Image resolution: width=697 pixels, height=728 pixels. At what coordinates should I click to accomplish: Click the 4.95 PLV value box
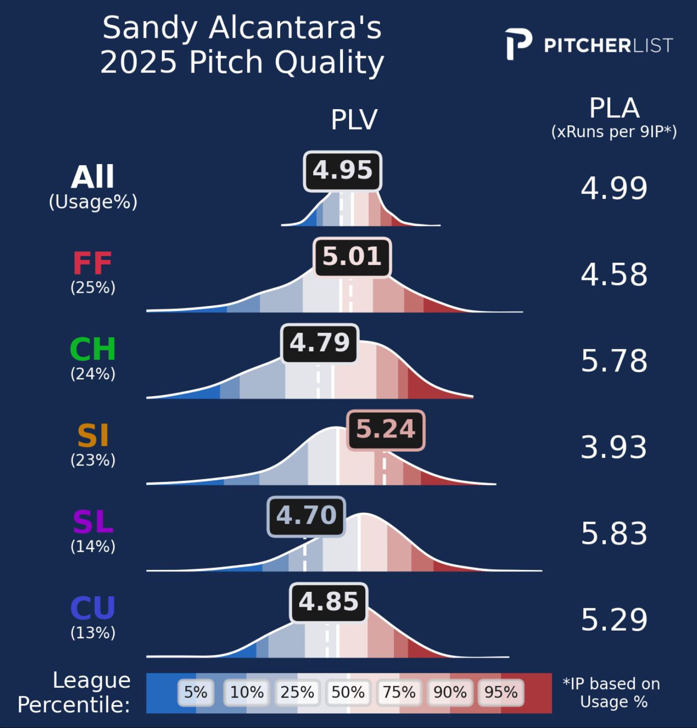342,171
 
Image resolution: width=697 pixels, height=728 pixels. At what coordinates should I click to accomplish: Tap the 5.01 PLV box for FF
352,257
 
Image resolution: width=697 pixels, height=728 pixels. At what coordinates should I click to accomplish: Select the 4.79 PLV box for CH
320,343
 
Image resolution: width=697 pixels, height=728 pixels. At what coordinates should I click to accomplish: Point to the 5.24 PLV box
386,430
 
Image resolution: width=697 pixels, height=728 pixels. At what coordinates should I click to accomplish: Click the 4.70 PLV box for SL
307,516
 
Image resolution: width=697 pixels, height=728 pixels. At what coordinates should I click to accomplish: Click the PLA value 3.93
614,447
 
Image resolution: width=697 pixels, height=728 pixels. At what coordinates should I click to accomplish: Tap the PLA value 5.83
614,533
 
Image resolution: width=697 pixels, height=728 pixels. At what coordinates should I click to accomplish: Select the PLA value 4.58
614,274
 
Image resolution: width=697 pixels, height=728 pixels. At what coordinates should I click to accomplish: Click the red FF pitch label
93,264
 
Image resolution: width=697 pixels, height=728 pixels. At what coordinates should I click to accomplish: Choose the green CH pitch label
93,350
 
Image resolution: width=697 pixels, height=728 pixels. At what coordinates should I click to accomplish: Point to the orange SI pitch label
93,436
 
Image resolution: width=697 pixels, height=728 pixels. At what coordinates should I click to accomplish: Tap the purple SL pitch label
93,522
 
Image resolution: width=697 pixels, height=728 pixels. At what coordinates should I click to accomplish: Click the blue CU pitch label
93,608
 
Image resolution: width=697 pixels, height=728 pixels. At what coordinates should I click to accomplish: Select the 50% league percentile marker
348,692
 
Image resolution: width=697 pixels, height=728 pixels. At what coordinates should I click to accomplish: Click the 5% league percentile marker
196,692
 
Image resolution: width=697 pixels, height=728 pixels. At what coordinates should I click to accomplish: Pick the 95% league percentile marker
501,692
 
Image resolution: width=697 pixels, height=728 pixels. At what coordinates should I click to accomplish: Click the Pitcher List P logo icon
518,44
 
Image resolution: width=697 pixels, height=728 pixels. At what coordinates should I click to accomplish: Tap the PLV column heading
354,120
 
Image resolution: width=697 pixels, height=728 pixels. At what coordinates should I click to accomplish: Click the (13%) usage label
93,633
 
